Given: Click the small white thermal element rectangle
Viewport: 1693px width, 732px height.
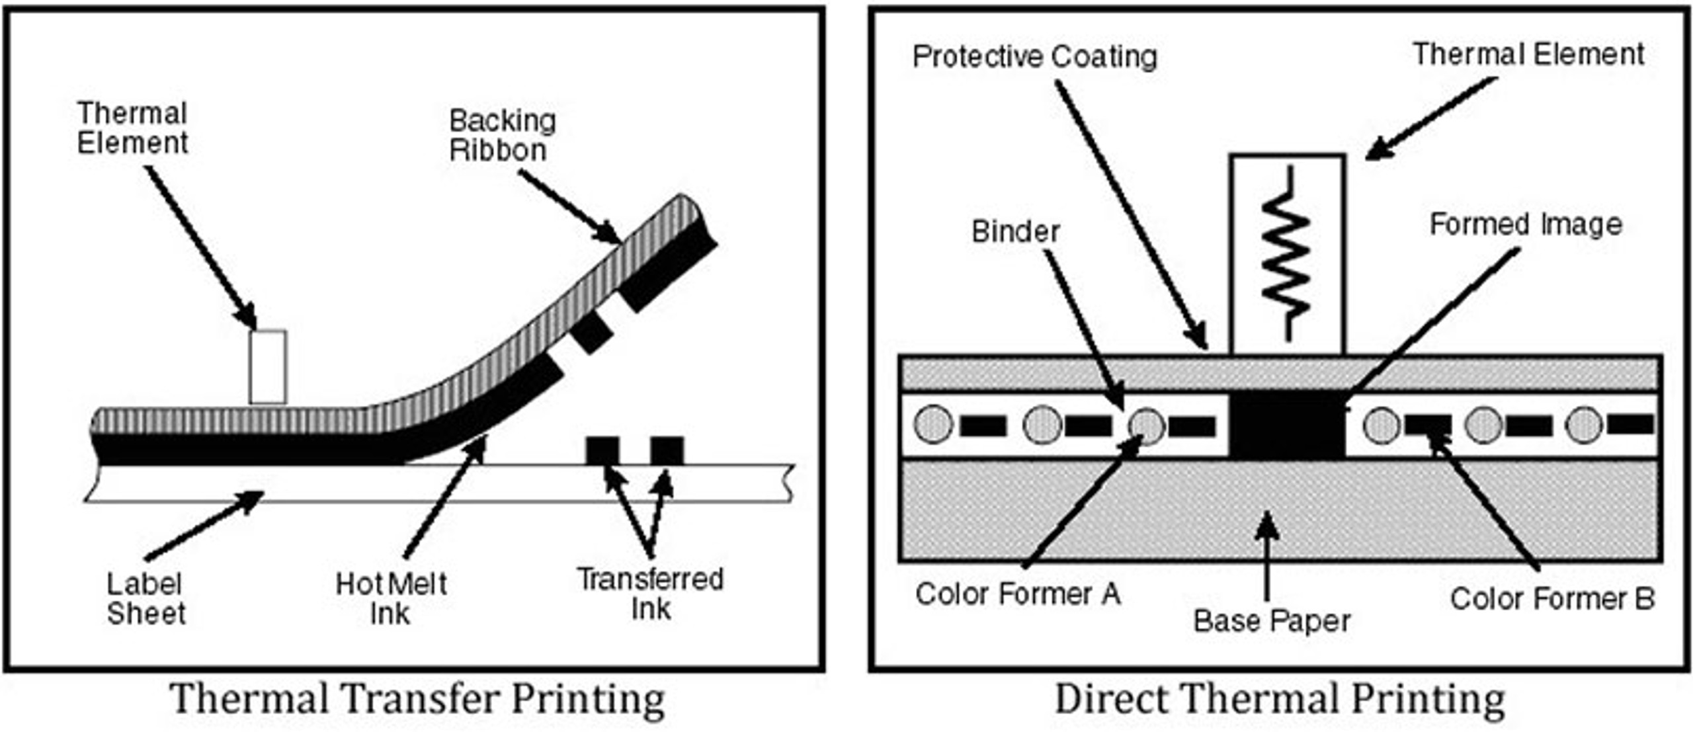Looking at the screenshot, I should click(x=268, y=367).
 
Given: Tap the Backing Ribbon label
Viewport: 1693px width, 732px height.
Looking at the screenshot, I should click(x=501, y=136).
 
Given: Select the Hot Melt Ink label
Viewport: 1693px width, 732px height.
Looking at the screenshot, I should click(x=391, y=598).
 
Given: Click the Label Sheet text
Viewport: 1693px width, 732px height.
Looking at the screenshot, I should click(x=145, y=598).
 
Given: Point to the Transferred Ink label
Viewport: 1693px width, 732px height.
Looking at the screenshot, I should click(x=651, y=594).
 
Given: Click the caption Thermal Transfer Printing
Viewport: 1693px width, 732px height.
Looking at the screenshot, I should click(x=417, y=700).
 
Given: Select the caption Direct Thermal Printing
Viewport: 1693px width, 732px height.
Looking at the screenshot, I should click(x=1280, y=700).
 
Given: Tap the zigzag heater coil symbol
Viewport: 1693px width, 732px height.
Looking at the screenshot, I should click(x=1286, y=255).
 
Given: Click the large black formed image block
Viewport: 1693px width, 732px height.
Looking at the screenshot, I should click(x=1286, y=425).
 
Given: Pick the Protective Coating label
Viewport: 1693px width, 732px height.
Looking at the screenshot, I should click(x=1035, y=57).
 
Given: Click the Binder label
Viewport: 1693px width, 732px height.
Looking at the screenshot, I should click(x=1015, y=232).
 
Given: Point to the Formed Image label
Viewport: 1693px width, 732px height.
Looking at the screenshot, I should click(x=1526, y=225).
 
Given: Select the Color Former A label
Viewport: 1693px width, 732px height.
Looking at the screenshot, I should click(x=1017, y=594).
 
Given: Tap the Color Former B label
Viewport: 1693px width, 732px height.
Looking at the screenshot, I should click(x=1552, y=599).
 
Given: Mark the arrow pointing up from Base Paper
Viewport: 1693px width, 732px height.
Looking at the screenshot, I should click(x=1266, y=555).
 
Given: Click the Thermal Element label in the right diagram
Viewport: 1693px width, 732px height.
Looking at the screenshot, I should click(x=1528, y=54).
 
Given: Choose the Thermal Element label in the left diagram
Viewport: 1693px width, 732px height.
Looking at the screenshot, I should click(x=132, y=128).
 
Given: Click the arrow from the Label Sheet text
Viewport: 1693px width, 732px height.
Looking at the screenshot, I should click(x=205, y=526).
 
